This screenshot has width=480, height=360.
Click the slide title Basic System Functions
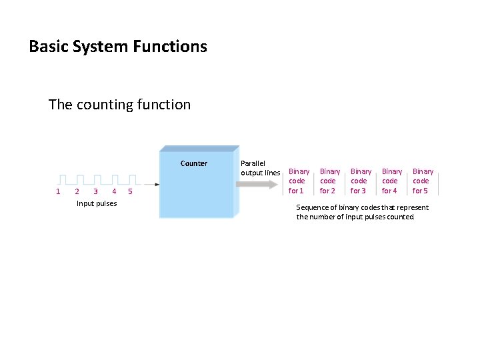coord(118,47)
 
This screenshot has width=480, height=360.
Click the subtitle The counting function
coord(119,105)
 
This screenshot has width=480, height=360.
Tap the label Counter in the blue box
coord(193,163)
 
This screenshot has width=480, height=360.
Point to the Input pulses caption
coord(97,203)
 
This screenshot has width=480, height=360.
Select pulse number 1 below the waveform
coord(58,192)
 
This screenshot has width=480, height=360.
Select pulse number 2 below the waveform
coord(77,192)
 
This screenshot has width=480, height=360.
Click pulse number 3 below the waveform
coord(96,192)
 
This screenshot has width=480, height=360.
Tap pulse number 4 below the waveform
coord(114,192)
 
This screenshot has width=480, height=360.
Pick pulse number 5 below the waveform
coord(130,192)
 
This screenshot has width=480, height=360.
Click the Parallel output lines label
coord(259,168)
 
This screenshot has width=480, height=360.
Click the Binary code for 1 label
coord(298,181)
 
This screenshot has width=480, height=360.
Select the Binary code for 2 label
coord(329,181)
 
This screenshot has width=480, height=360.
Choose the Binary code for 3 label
coord(361,181)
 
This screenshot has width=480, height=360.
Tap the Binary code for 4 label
coord(391,181)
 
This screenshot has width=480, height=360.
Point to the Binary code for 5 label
coord(423,181)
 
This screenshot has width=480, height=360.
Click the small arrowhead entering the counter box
coord(155,185)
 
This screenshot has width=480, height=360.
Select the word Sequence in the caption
coord(312,208)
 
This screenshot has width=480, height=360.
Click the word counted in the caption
coord(401,217)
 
